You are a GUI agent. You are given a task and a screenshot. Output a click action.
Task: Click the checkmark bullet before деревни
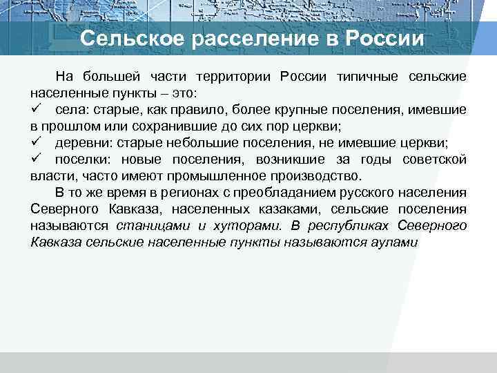pos(36,142)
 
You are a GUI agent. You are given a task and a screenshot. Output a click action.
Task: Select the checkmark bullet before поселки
pos(36,159)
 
